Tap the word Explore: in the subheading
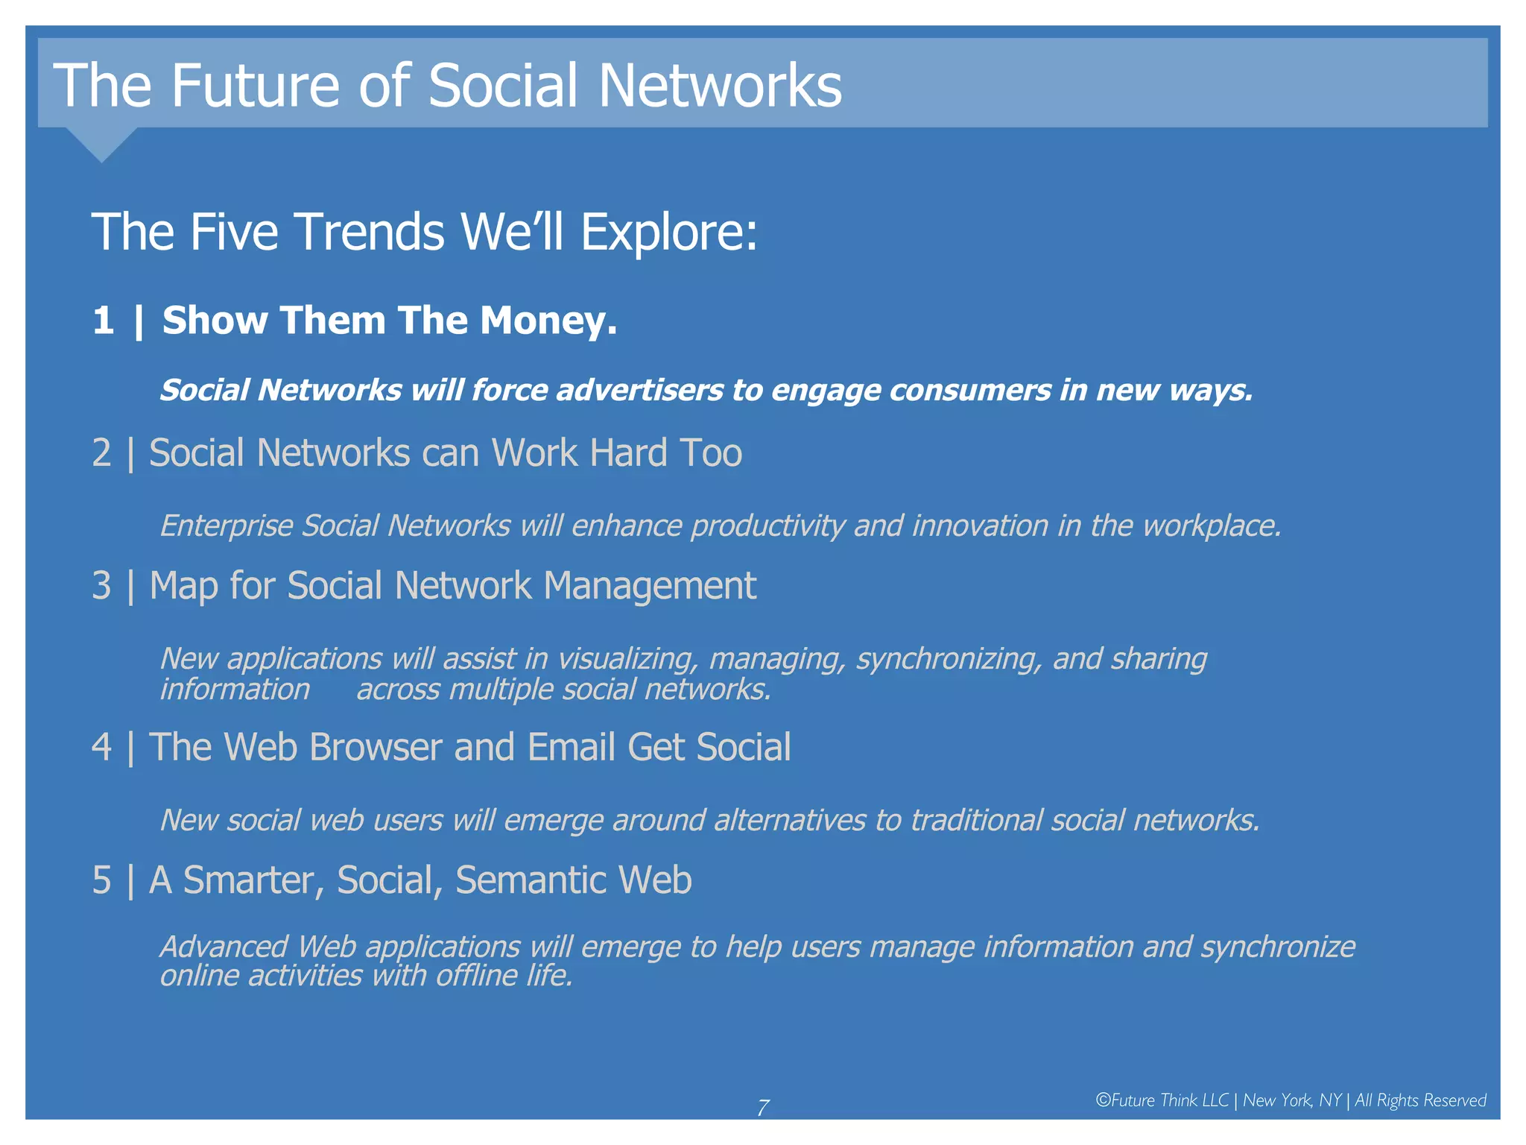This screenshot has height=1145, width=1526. (x=668, y=232)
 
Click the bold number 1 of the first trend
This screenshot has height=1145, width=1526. (x=104, y=321)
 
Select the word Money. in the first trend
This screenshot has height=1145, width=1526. (x=548, y=321)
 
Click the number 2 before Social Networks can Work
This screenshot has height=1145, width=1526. (x=102, y=453)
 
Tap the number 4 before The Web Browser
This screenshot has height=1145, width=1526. (x=102, y=748)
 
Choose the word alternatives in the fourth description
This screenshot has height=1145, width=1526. (x=789, y=821)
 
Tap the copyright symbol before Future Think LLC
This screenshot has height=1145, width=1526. (x=1103, y=1100)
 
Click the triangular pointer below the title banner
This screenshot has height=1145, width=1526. (x=101, y=143)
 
